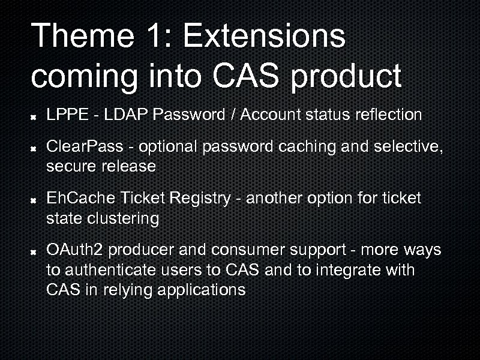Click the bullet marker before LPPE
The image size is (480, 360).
point(36,116)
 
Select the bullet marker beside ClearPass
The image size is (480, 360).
point(36,147)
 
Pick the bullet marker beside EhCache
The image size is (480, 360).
point(36,199)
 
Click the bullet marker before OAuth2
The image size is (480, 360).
point(36,251)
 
